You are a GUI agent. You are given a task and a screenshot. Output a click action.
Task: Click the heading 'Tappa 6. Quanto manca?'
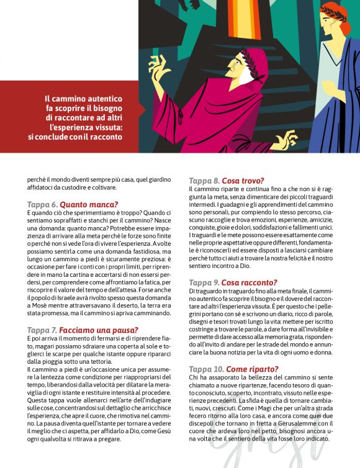pos(73,204)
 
